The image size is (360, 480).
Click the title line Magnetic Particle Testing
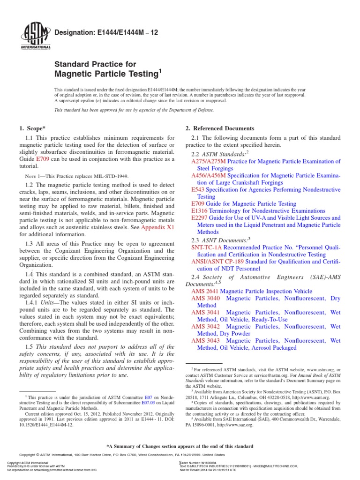(x=108, y=74)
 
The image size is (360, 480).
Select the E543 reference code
(x=198, y=189)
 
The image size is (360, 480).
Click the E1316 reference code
(x=200, y=211)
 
